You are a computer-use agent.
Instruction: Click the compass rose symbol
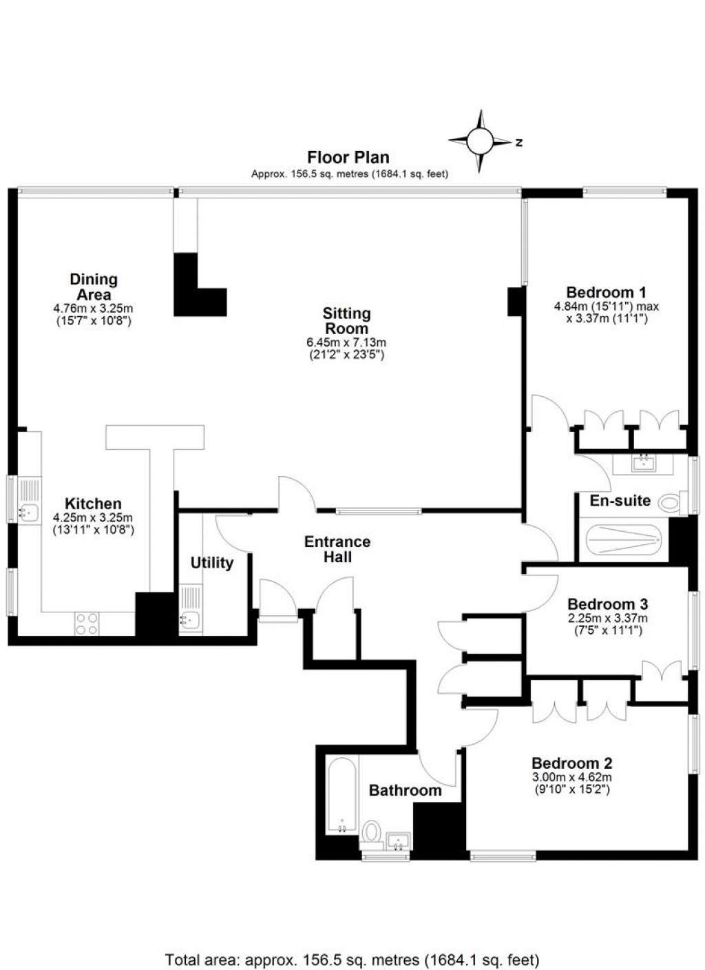[x=481, y=141]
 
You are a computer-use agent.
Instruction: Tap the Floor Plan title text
[x=348, y=157]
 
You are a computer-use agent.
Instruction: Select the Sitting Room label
[x=347, y=321]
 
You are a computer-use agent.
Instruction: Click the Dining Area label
[x=94, y=287]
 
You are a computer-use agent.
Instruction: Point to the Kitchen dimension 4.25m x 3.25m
[x=93, y=518]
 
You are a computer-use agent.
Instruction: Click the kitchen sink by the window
[x=29, y=510]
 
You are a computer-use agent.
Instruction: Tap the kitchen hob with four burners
[x=87, y=623]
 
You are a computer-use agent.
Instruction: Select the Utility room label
[x=212, y=563]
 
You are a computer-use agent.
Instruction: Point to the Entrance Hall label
[x=337, y=549]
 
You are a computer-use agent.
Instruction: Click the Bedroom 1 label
[x=607, y=292]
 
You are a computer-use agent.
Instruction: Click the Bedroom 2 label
[x=571, y=763]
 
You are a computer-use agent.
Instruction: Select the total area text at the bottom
[x=352, y=959]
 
